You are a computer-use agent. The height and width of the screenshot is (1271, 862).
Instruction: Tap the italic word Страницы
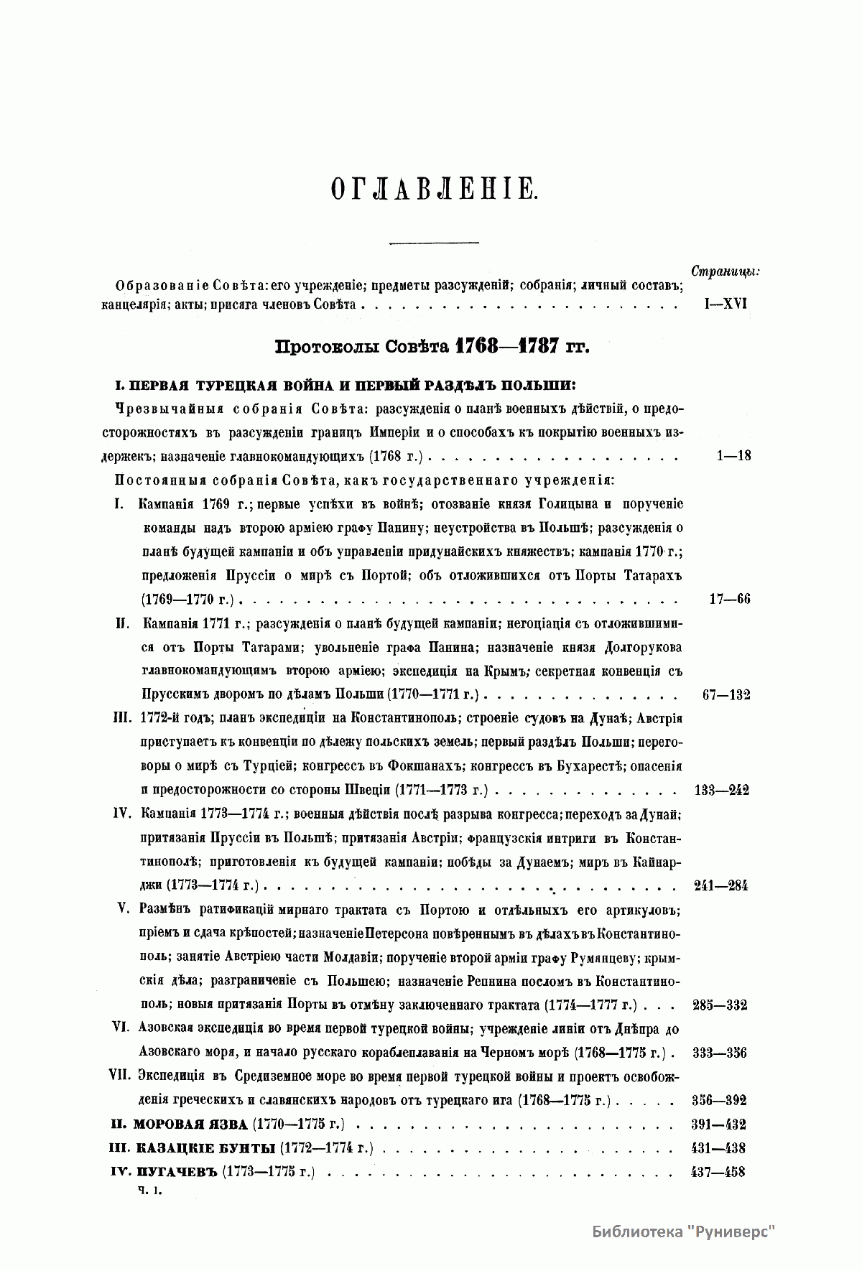(x=725, y=271)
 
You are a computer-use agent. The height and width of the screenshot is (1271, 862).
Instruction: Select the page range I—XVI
(x=723, y=304)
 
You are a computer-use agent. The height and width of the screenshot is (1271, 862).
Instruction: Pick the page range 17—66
(x=729, y=599)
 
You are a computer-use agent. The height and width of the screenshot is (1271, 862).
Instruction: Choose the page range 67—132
(x=724, y=694)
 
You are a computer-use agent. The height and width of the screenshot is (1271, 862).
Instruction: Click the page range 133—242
(x=722, y=790)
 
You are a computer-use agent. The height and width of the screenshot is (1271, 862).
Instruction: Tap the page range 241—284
(x=721, y=885)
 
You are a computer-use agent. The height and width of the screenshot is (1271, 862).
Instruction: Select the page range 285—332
(x=720, y=1005)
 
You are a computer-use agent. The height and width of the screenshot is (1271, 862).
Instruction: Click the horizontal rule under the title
(x=433, y=242)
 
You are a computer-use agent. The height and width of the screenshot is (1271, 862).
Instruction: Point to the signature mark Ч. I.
(x=152, y=1190)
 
